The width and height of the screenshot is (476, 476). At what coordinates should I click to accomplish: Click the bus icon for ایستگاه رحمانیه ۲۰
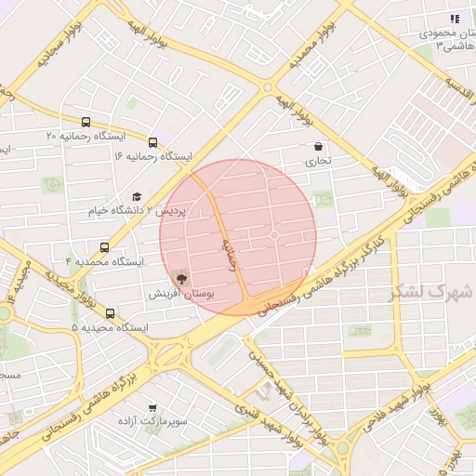[86, 122]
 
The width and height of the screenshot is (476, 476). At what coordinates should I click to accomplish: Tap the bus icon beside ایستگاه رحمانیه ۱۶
[152, 143]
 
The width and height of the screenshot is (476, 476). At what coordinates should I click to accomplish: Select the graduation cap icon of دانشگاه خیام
[137, 197]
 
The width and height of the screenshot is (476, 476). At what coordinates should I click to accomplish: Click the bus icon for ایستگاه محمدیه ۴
[103, 248]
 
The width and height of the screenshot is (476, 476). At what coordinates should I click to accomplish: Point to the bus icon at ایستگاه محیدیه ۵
[111, 314]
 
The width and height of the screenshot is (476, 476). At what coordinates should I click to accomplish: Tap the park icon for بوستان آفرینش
[180, 278]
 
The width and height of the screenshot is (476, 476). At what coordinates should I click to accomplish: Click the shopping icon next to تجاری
[319, 147]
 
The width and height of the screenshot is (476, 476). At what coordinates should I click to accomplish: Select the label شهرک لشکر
[431, 291]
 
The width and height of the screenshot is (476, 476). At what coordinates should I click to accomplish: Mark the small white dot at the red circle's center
[274, 236]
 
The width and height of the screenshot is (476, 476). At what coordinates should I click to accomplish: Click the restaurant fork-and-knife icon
[455, 18]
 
